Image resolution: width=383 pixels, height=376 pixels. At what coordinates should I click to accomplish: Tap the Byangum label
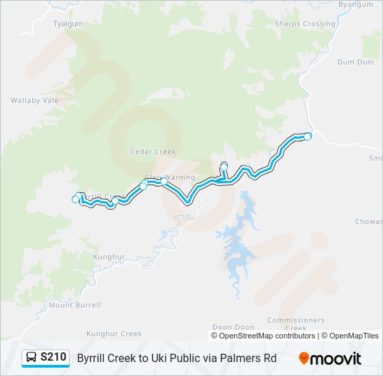(355, 4)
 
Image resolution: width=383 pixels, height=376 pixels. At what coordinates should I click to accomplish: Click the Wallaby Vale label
(34, 100)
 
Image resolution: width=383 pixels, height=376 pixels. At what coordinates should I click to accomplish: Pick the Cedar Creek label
(153, 151)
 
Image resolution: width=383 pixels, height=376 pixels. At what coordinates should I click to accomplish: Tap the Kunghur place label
(109, 256)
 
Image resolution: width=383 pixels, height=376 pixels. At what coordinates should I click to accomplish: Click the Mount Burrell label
(75, 305)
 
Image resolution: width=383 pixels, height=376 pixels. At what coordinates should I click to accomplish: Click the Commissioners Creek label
(296, 324)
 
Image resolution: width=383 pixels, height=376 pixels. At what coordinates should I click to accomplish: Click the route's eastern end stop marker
(308, 136)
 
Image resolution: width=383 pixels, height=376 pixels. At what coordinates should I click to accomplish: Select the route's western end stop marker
(76, 200)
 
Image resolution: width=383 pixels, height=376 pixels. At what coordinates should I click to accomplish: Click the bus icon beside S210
(31, 358)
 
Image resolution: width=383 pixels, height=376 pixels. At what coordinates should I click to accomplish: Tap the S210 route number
(54, 358)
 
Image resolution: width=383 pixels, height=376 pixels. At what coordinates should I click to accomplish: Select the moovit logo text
(336, 359)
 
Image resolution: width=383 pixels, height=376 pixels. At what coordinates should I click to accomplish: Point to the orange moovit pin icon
(304, 358)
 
